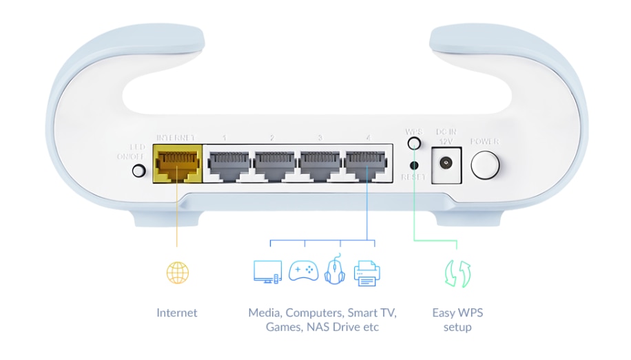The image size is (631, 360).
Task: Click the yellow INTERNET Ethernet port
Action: pos(176,163)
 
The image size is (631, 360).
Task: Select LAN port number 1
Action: pos(228,163)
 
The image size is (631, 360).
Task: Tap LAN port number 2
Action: pos(273,163)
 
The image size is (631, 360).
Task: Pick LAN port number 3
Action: pos(320,163)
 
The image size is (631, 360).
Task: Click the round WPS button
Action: pos(414,143)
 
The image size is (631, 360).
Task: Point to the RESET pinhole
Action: pos(414,165)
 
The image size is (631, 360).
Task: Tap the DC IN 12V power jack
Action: pos(444,164)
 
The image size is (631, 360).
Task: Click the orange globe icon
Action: pos(177,273)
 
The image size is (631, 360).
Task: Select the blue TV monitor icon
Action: pos(267,271)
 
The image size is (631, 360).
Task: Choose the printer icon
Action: pos(366,272)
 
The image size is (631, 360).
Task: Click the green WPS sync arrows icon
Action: pos(457,273)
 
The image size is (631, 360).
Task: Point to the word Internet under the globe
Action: pos(177,313)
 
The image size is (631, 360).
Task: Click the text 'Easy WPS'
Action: pos(457,313)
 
